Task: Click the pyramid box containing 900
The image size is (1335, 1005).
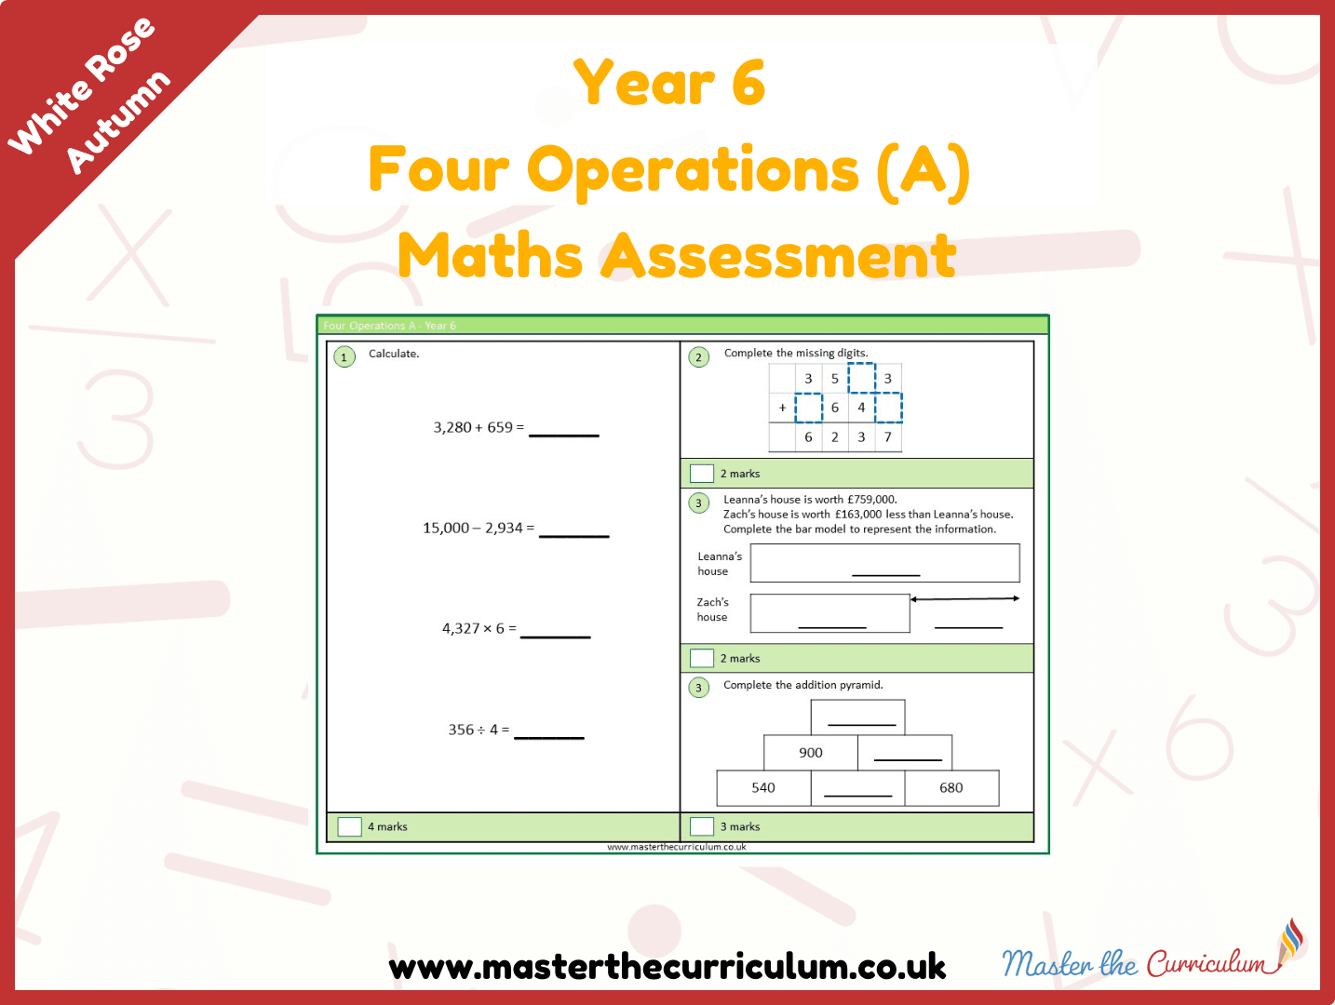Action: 811,753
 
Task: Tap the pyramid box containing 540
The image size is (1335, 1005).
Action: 764,788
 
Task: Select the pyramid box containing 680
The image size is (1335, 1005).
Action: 951,788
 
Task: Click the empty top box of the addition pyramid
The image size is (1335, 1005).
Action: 857,717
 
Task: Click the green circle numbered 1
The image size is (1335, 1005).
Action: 344,357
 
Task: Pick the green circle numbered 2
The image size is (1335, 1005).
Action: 699,357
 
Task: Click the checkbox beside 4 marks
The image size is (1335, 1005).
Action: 350,827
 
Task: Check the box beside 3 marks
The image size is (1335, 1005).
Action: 702,827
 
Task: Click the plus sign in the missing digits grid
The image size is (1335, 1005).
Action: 783,408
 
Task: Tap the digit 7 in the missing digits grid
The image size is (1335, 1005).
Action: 888,437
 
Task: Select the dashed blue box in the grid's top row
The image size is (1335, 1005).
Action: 862,378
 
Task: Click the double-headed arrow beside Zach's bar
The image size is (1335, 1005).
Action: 964,599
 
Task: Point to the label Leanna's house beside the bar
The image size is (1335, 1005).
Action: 720,564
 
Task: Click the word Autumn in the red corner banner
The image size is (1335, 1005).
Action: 118,122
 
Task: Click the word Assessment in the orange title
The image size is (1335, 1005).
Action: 778,256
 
